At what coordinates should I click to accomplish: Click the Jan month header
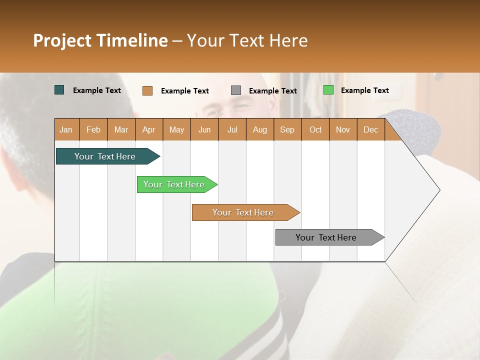click(x=66, y=130)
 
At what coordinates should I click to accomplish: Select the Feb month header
click(x=93, y=130)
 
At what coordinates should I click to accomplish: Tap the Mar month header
click(x=121, y=130)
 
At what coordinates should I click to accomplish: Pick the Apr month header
click(x=148, y=130)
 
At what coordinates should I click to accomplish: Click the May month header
click(x=176, y=130)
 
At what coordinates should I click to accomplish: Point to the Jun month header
click(x=204, y=130)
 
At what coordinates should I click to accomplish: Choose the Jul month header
click(x=232, y=130)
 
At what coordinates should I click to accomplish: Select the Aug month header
click(x=259, y=130)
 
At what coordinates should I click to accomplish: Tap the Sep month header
click(x=287, y=130)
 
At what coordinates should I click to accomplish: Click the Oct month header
click(x=315, y=130)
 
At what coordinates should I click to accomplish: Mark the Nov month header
click(x=343, y=130)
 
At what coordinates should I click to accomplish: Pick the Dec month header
click(x=370, y=130)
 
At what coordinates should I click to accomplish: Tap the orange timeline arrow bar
click(x=243, y=212)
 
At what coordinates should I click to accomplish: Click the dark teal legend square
click(x=59, y=90)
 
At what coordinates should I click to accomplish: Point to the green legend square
click(x=328, y=90)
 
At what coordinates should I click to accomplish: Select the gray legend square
click(x=236, y=90)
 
